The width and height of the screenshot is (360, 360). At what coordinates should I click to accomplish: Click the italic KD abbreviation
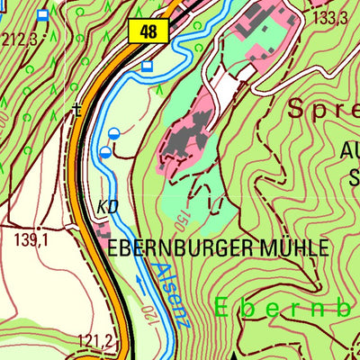click(x=106, y=207)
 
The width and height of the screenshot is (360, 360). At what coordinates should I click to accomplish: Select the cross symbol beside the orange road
click(x=77, y=112)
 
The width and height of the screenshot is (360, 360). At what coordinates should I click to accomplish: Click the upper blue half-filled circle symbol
click(x=113, y=134)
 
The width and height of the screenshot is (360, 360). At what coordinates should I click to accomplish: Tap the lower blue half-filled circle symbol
click(x=105, y=153)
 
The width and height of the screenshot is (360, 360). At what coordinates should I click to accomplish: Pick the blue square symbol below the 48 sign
click(x=148, y=65)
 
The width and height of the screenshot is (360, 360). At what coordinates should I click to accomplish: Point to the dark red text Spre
click(x=320, y=110)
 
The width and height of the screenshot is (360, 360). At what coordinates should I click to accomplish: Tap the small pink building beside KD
click(x=98, y=229)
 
